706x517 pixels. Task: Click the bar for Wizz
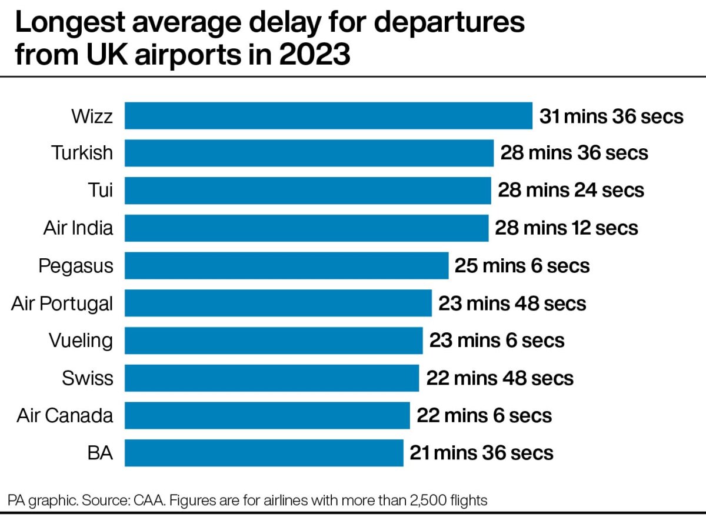328,116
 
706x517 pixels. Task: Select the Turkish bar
309,153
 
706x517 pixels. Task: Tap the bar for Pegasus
287,265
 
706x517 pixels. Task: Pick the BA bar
264,453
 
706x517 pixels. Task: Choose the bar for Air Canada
267,415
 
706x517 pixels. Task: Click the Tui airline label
100,191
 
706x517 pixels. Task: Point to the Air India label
78,228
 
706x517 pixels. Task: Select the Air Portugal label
62,303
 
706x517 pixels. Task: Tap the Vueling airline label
81,341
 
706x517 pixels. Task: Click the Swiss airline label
88,378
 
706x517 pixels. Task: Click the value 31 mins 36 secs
611,116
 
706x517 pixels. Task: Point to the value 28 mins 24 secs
571,191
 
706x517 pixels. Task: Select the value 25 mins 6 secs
522,266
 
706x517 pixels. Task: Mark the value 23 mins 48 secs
512,303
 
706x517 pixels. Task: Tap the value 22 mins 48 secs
500,378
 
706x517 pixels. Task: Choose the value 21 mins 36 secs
481,453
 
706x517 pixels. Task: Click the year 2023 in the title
315,54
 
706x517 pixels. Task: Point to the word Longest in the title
70,24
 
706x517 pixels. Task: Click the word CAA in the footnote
149,501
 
